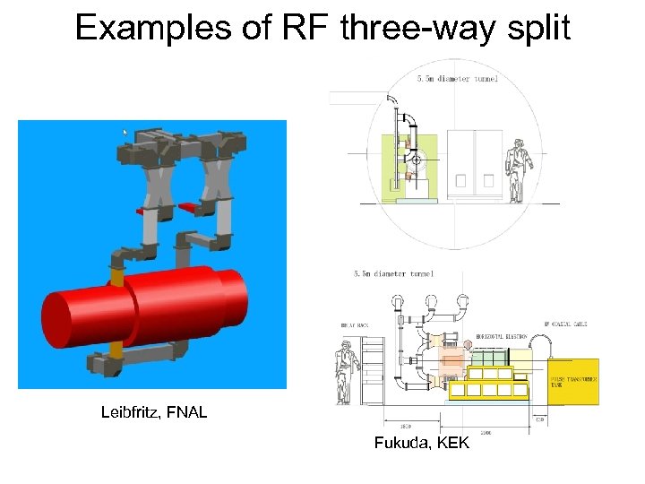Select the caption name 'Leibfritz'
point(133,413)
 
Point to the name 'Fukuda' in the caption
point(400,442)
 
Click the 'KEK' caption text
point(452,442)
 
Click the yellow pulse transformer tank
point(573,381)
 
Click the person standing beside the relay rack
point(345,369)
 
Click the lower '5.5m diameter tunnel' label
point(394,273)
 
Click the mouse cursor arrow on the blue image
point(125,133)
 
